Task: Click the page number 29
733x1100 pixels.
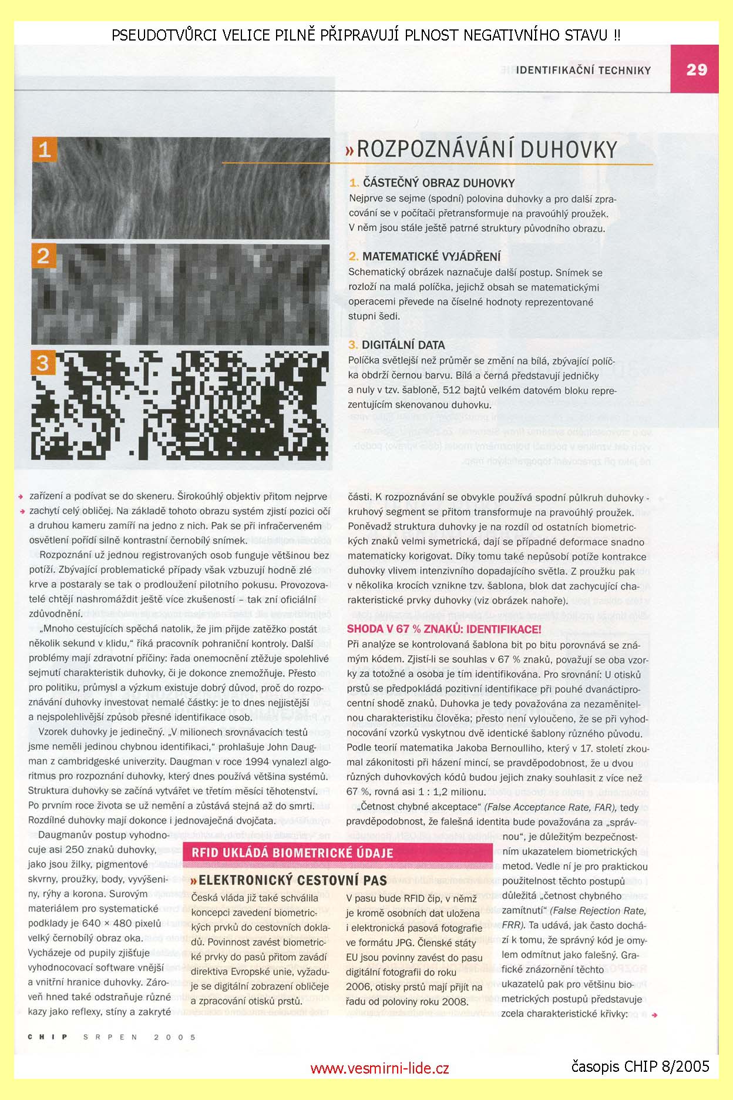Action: click(696, 69)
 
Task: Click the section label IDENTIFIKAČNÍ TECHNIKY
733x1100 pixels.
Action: click(583, 71)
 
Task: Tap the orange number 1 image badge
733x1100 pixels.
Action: click(45, 150)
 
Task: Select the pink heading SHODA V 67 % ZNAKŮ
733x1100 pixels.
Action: click(444, 629)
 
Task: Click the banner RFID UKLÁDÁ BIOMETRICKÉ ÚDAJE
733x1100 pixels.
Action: click(292, 853)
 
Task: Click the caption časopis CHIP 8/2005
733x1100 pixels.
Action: click(640, 1066)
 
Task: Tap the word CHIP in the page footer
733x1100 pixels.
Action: click(48, 1037)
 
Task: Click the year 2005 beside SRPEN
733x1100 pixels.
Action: click(175, 1037)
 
